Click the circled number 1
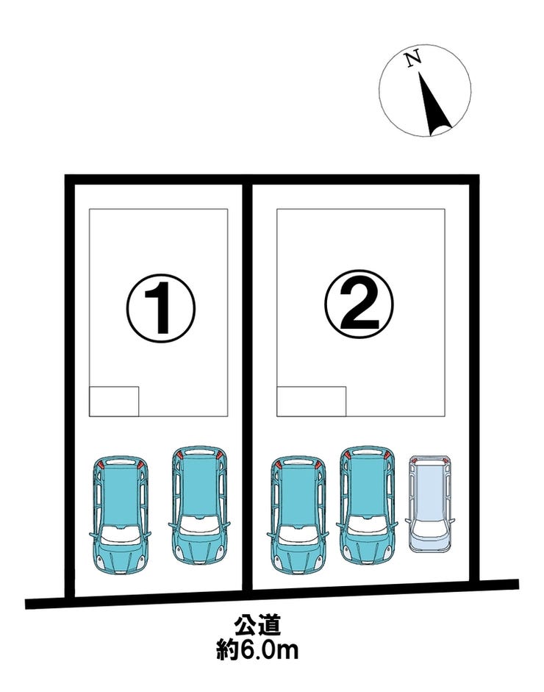160,308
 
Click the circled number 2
359,304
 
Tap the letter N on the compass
413,59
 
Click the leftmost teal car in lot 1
120,515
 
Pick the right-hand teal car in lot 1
199,505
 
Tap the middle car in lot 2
367,505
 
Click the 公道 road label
257,626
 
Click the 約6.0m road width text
257,650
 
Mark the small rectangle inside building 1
114,402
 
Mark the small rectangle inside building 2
312,402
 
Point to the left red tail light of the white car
414,462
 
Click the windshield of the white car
429,527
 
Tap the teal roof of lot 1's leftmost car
120,495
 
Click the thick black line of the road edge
272,594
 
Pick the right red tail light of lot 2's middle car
387,455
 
